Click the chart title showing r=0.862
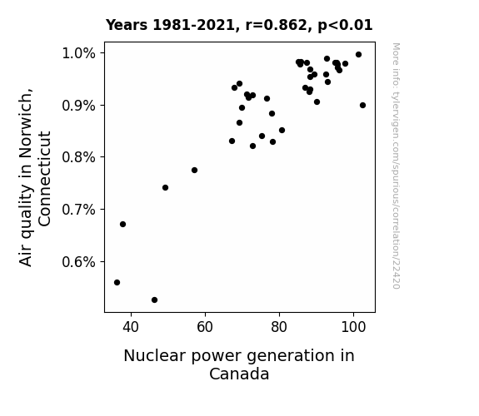click(x=239, y=25)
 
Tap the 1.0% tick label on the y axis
click(x=78, y=53)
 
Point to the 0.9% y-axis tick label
click(x=78, y=106)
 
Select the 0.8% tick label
click(x=78, y=157)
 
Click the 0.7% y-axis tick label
click(x=78, y=210)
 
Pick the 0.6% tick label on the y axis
click(x=78, y=262)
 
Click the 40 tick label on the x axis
click(x=131, y=327)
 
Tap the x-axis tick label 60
click(x=205, y=327)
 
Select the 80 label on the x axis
click(x=279, y=327)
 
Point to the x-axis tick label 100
click(x=353, y=327)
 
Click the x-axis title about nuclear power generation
click(x=239, y=364)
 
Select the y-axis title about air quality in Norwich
click(x=34, y=177)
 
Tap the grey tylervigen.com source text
click(x=396, y=166)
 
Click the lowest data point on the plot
click(x=155, y=300)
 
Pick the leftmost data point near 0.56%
click(x=117, y=283)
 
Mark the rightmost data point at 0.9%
click(x=362, y=106)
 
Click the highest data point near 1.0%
click(x=359, y=55)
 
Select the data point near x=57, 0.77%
click(x=195, y=171)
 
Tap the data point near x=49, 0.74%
click(x=165, y=188)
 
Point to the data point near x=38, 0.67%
click(x=122, y=225)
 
